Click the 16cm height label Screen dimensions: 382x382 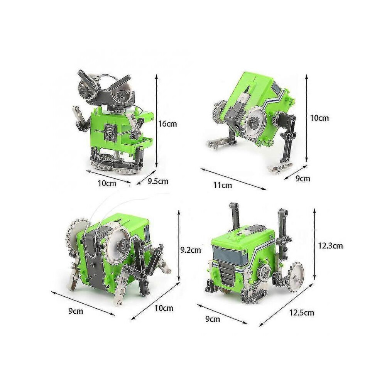pyautogui.click(x=167, y=124)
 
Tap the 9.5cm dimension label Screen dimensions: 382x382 pyautogui.click(x=158, y=181)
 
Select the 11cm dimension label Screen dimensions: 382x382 pyautogui.click(x=223, y=185)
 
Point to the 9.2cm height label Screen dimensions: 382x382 pyautogui.click(x=191, y=250)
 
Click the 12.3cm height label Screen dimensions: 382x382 pyautogui.click(x=330, y=246)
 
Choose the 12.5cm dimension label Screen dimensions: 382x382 pyautogui.click(x=302, y=313)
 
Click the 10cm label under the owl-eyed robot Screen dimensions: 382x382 pyautogui.click(x=107, y=183)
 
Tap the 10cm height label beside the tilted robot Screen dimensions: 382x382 pyautogui.click(x=319, y=118)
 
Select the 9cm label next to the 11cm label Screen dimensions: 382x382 pyautogui.click(x=303, y=179)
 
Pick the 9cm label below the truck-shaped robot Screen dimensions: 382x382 pyautogui.click(x=213, y=319)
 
